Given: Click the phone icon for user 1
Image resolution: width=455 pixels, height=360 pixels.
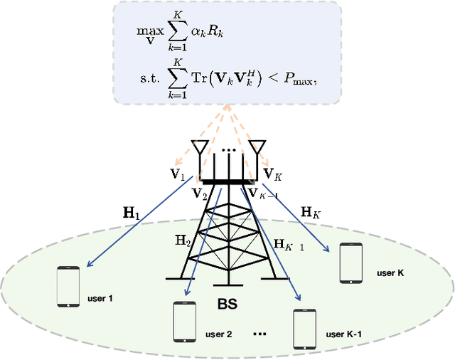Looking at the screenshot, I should click(68, 287).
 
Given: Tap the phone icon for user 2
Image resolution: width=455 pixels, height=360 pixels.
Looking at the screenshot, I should click(184, 321).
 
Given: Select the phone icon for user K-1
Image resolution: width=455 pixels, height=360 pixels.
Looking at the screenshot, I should click(304, 328).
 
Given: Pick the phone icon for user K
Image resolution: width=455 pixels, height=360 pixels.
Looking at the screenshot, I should click(350, 263).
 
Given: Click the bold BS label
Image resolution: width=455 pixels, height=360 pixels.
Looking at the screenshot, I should click(227, 305).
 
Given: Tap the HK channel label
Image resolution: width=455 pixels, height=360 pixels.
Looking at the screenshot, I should click(311, 211).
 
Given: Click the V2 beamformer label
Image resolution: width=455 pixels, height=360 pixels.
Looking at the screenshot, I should click(198, 192).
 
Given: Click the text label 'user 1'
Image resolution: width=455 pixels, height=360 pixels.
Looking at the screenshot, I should click(100, 298).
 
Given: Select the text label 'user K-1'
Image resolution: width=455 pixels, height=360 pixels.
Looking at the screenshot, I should click(345, 334).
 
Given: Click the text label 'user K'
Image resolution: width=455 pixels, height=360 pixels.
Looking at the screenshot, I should click(390, 272).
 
